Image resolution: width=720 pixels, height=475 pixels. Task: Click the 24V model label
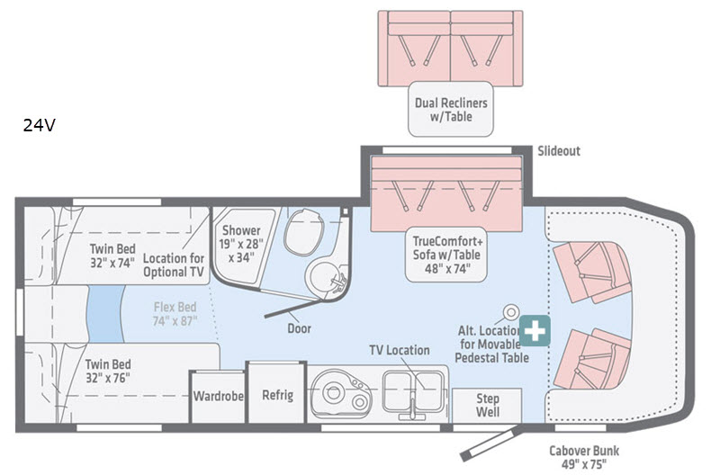pyautogui.click(x=40, y=126)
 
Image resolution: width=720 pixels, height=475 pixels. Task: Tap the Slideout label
pyautogui.click(x=558, y=151)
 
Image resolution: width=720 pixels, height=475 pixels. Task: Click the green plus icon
pyautogui.click(x=536, y=330)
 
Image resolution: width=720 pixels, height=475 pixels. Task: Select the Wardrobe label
pyautogui.click(x=218, y=395)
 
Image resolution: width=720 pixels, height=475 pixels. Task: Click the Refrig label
pyautogui.click(x=277, y=395)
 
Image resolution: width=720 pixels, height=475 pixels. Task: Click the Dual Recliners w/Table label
pyautogui.click(x=450, y=110)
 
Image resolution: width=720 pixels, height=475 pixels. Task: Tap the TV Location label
pyautogui.click(x=400, y=349)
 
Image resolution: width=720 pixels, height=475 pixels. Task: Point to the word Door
pyautogui.click(x=300, y=328)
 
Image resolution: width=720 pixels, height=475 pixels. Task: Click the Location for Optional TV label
pyautogui.click(x=179, y=259)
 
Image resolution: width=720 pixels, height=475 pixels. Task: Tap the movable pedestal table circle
pyautogui.click(x=510, y=312)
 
